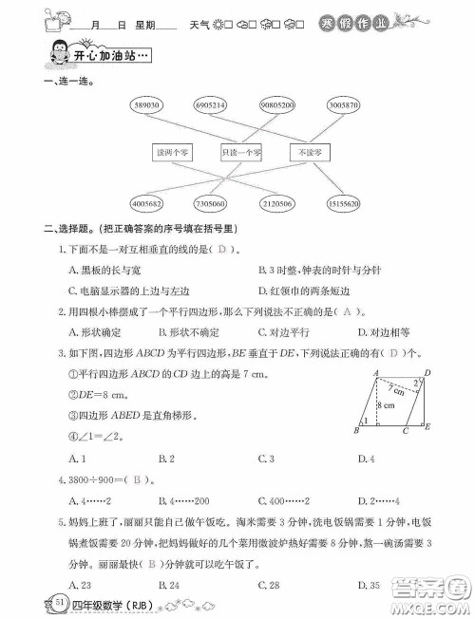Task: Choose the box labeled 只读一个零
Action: point(241,152)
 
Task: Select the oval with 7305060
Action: point(210,202)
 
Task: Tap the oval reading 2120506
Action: point(275,202)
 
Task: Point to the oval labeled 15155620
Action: point(340,202)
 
